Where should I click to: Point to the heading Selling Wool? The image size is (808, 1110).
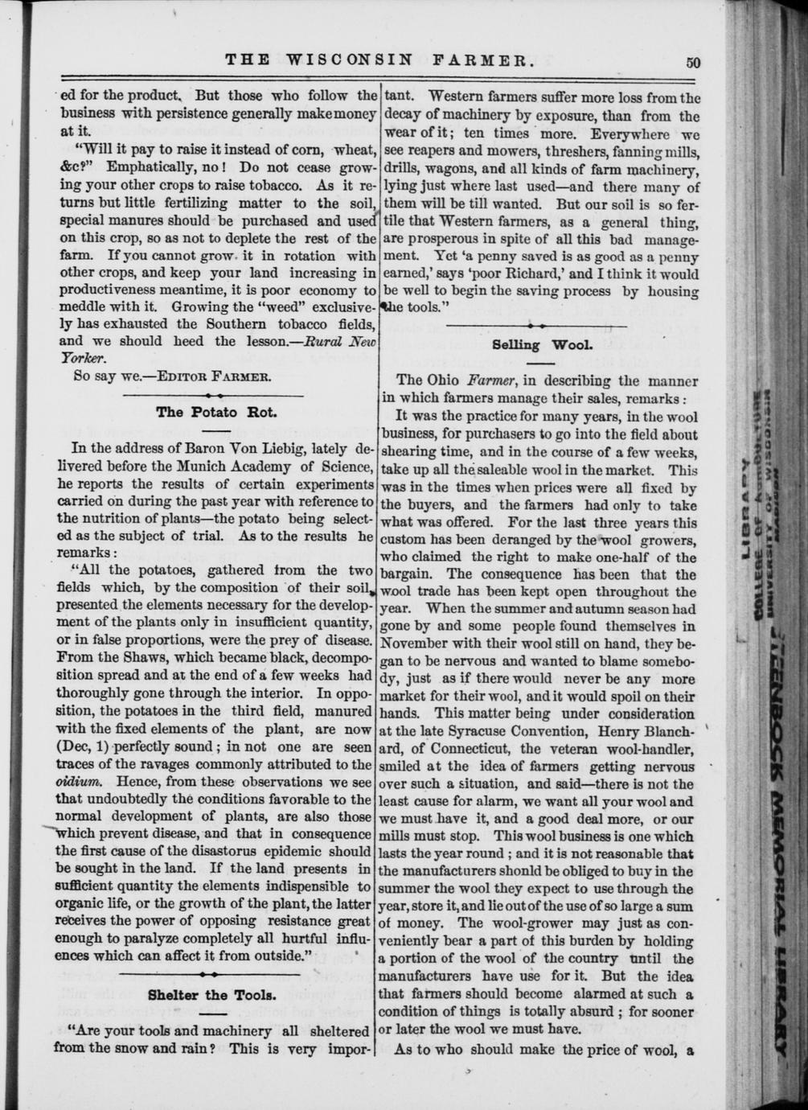[x=541, y=345]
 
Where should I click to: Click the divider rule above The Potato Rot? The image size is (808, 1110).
[x=216, y=396]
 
